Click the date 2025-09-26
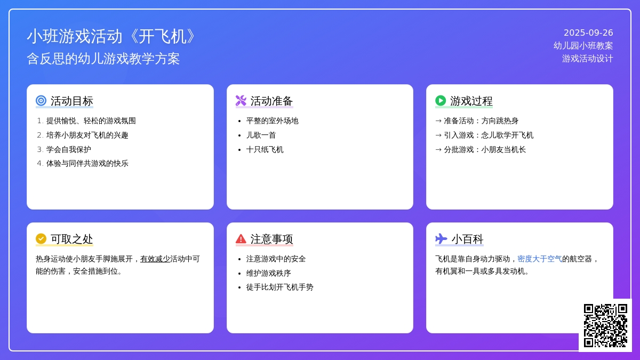[x=588, y=33]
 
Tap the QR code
[x=605, y=325]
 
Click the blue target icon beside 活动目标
[x=41, y=101]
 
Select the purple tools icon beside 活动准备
[x=241, y=101]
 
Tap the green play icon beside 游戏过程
[x=441, y=101]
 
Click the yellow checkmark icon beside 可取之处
[x=41, y=238]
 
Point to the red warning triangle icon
[x=241, y=238]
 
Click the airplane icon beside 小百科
[x=441, y=238]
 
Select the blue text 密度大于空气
[x=540, y=259]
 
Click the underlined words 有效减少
[x=155, y=259]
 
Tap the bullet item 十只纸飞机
[x=265, y=149]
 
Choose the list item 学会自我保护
[x=69, y=149]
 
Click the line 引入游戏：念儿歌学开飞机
[x=489, y=135]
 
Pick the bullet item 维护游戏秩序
[x=269, y=273]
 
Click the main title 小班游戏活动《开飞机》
[x=111, y=36]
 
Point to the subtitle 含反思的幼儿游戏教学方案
[x=103, y=59]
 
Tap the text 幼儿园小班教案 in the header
[x=583, y=46]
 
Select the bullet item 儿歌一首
[x=261, y=135]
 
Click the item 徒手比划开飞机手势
[x=279, y=287]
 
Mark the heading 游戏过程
[x=471, y=101]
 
